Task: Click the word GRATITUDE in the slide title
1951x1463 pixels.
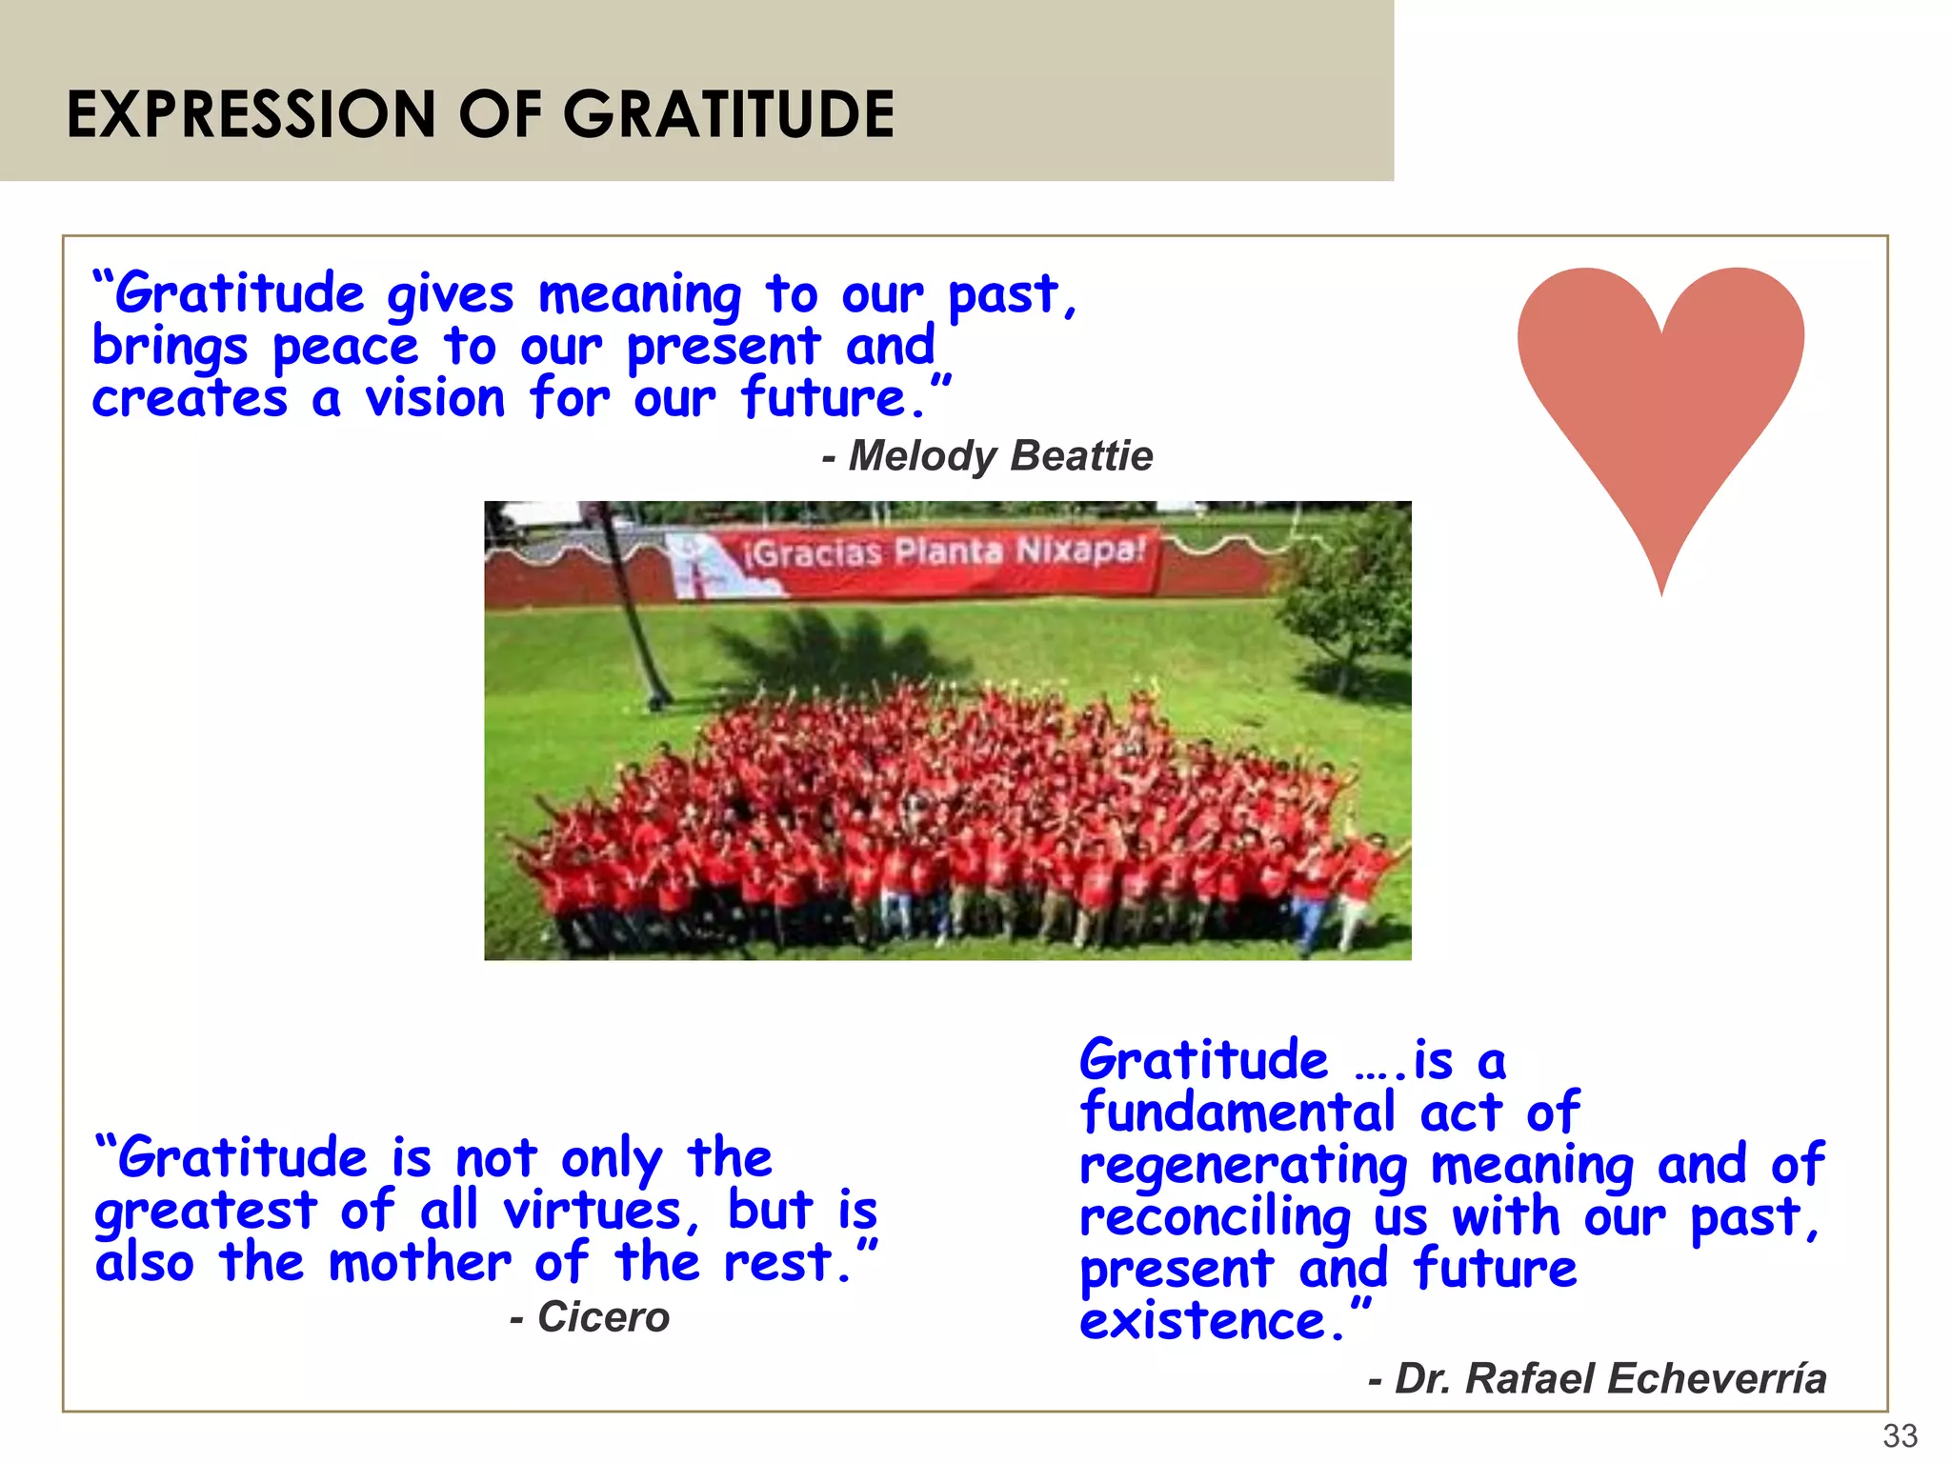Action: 729,114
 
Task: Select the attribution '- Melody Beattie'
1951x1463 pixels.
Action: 988,456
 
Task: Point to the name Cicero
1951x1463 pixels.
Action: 603,1317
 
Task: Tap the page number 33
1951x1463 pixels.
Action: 1900,1434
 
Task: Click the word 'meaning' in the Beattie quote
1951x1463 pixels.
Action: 639,295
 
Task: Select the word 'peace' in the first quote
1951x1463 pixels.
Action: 345,348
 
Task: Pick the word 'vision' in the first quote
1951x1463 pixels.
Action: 434,399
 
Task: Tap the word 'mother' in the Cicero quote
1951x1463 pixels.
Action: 419,1263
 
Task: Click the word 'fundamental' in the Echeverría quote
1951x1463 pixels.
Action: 1237,1112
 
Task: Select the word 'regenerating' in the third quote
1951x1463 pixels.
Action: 1243,1166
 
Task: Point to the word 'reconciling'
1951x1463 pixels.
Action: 1215,1217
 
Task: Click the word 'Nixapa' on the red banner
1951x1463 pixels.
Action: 1078,550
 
